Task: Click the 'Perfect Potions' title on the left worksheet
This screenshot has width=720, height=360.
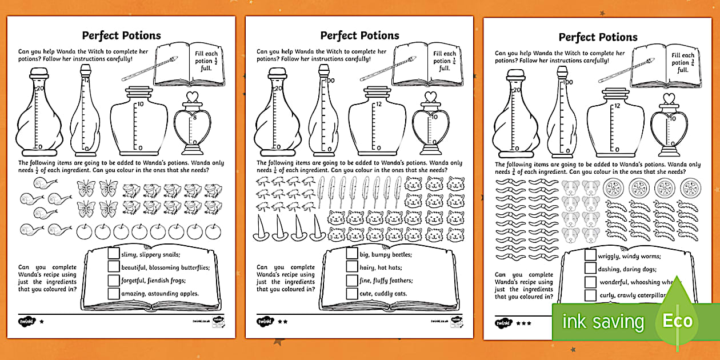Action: click(121, 35)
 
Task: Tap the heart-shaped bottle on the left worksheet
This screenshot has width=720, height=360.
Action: click(192, 123)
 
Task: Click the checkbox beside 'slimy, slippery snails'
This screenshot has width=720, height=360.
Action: click(113, 254)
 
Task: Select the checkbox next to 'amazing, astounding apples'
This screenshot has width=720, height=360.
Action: click(113, 293)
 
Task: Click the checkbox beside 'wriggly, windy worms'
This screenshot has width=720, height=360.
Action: click(590, 255)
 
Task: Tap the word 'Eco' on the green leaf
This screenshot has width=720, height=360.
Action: click(677, 321)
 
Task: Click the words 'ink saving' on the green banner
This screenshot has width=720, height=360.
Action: click(603, 321)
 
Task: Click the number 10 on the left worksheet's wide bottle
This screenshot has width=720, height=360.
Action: click(140, 105)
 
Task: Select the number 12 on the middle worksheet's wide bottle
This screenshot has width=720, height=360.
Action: click(378, 105)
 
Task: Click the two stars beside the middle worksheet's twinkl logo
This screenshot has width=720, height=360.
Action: click(282, 322)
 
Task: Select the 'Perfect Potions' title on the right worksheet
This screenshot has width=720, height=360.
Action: click(598, 37)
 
